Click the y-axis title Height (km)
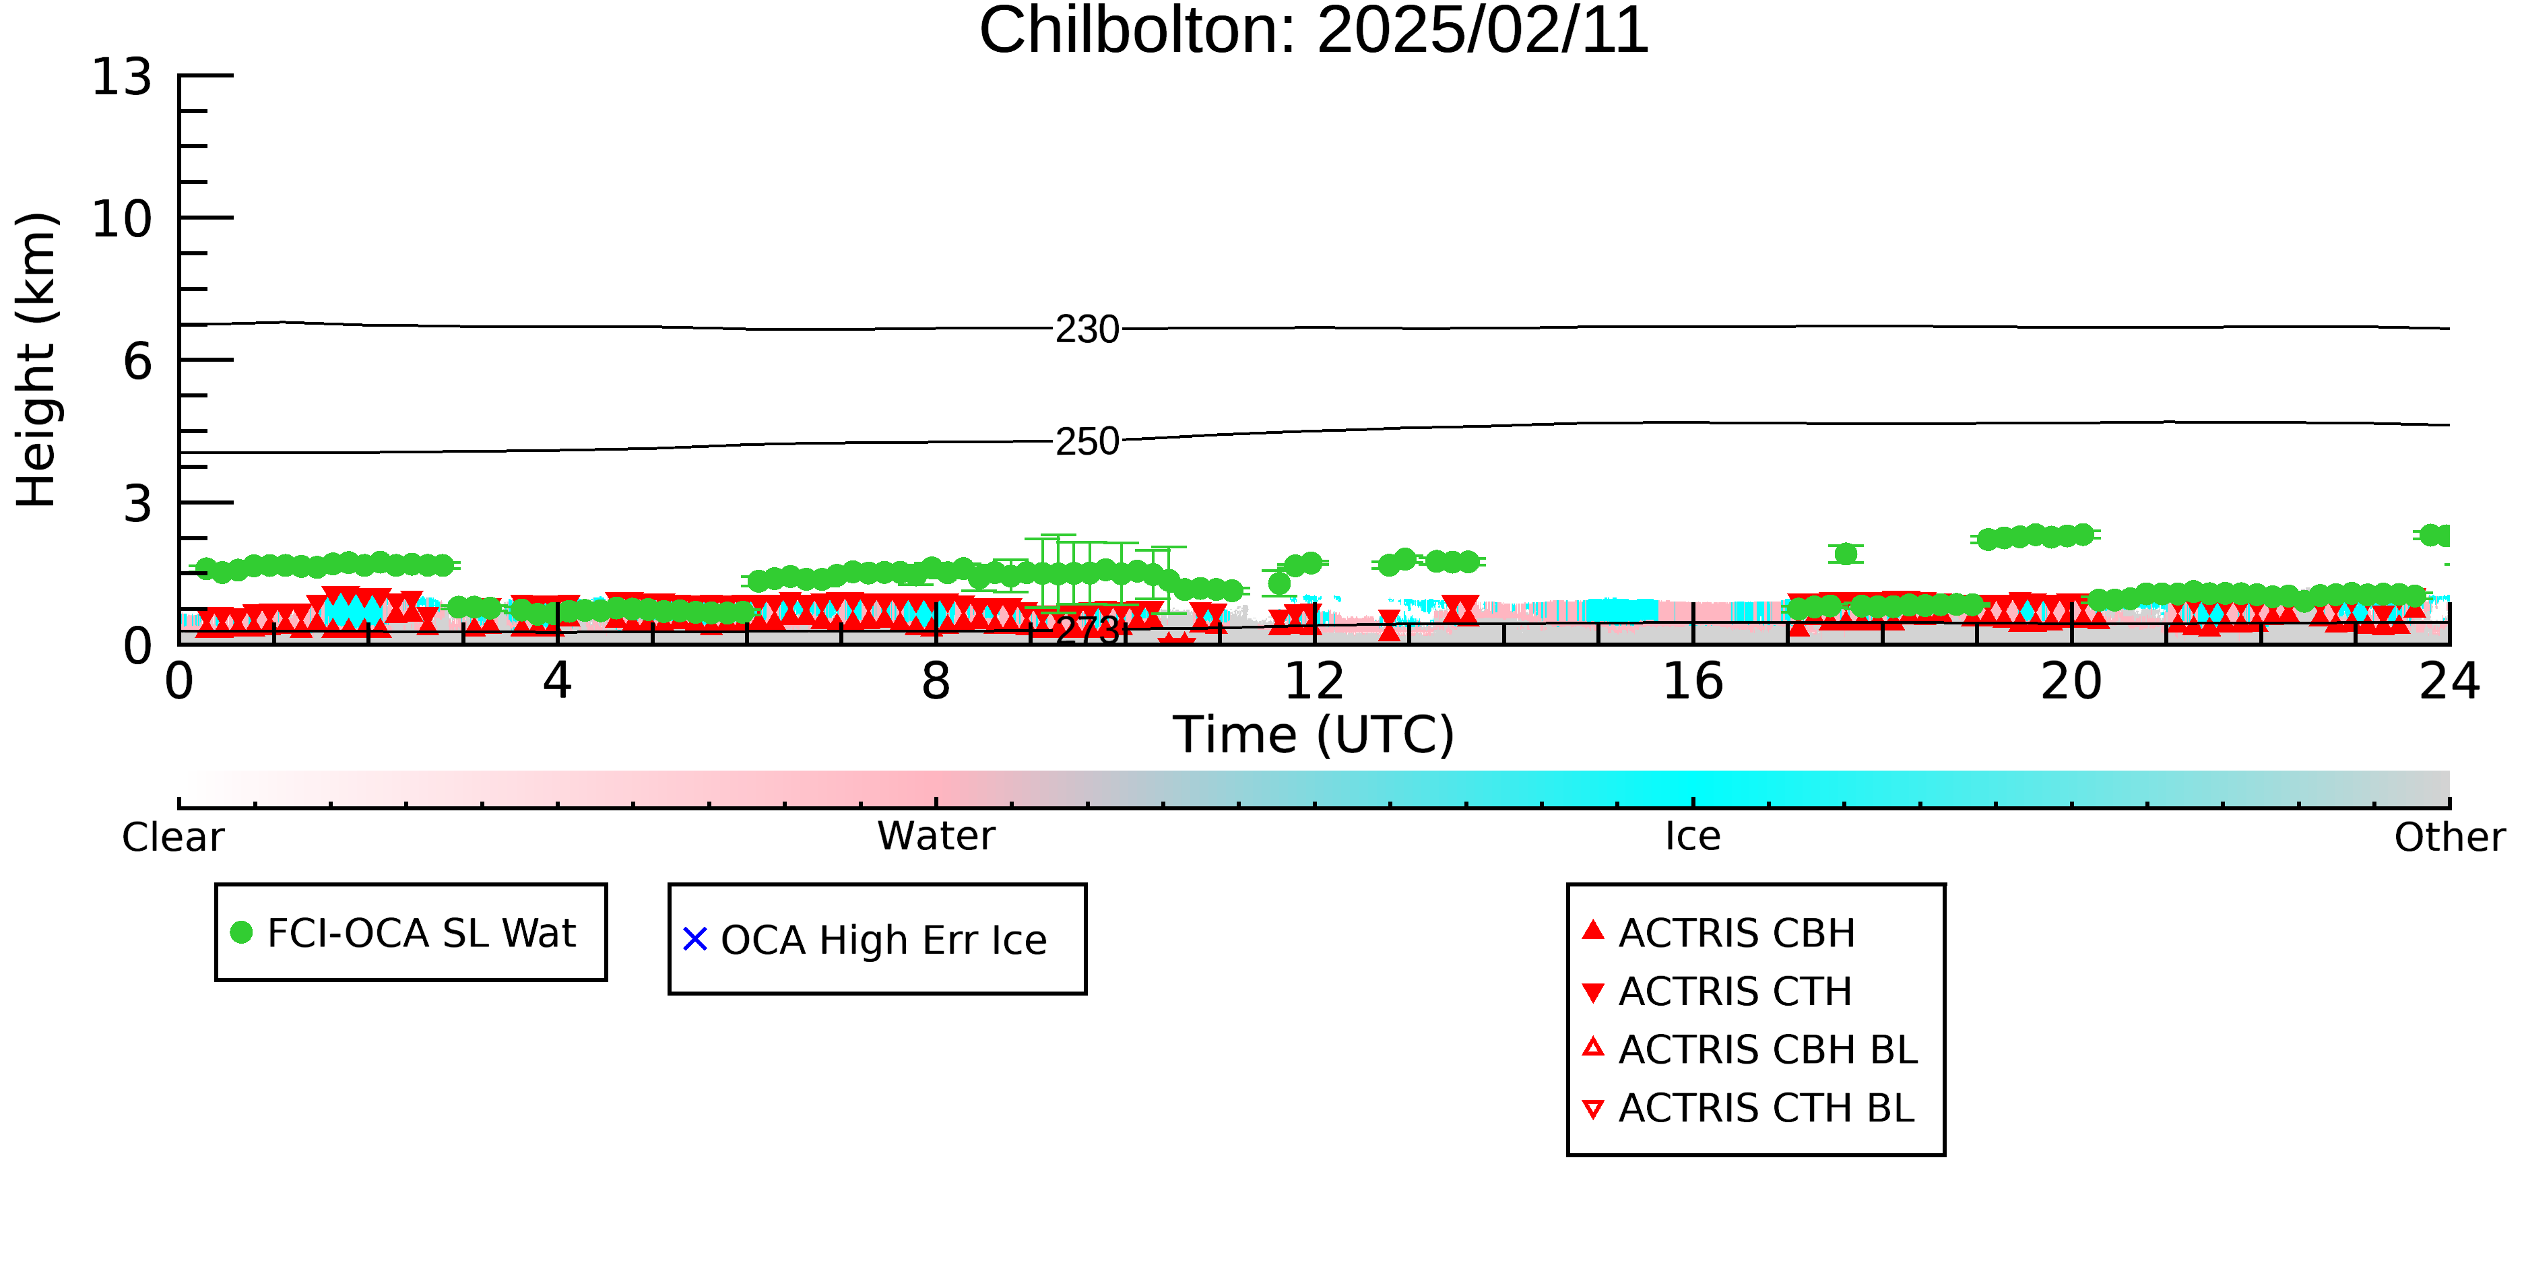pyautogui.click(x=36, y=360)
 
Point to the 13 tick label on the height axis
pyautogui.click(x=122, y=77)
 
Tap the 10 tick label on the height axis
pyautogui.click(x=122, y=219)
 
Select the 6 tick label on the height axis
pyautogui.click(x=137, y=362)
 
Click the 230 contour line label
pyautogui.click(x=1087, y=329)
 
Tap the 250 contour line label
pyautogui.click(x=1087, y=441)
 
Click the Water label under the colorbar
pyautogui.click(x=936, y=837)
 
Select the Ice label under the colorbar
pyautogui.click(x=1693, y=837)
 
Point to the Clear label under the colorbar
pyautogui.click(x=172, y=837)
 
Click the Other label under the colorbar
pyautogui.click(x=2449, y=837)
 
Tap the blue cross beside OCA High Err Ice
pyautogui.click(x=694, y=940)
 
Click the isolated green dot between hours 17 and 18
pyautogui.click(x=1846, y=554)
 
